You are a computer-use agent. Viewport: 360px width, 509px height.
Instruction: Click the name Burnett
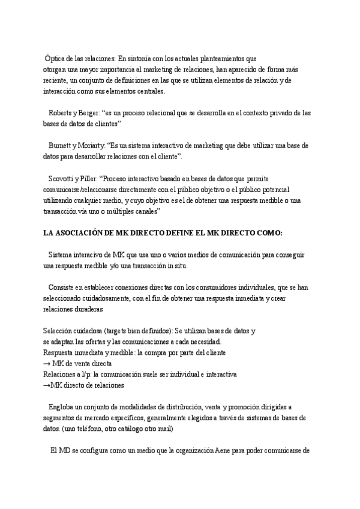63,146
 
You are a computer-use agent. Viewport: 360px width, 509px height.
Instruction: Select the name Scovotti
64,179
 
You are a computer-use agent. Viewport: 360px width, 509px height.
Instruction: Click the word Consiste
63,288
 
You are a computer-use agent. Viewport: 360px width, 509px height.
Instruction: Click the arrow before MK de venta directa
47,363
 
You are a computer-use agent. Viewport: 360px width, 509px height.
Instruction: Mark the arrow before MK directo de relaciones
47,385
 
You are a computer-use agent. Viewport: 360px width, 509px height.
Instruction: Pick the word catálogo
130,429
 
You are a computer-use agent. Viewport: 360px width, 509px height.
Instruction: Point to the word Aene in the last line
224,450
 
